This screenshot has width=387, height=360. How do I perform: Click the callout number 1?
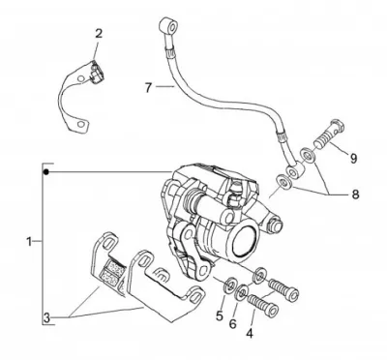29,241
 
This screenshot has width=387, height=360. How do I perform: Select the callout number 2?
99,34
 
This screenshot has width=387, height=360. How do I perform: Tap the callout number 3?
47,318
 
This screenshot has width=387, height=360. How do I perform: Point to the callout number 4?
250,333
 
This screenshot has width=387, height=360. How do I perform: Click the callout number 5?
220,316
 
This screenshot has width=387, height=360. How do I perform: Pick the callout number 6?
233,323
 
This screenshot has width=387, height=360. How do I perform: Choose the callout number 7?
148,87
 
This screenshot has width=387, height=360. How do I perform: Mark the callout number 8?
355,195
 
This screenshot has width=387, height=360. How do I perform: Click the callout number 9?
353,158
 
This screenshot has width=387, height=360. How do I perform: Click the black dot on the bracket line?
46,172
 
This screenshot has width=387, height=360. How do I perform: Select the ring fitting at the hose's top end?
168,25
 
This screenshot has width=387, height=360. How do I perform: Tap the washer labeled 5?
230,284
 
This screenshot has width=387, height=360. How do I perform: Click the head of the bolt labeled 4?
272,311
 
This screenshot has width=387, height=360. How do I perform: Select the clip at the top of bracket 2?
96,73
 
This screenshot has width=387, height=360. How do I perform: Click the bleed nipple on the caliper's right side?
276,225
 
